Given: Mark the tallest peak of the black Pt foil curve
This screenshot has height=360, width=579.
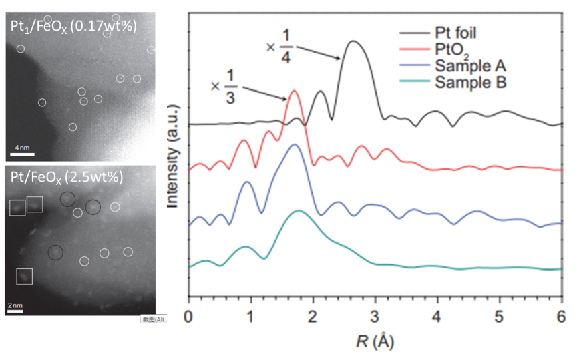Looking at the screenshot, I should click(x=353, y=42).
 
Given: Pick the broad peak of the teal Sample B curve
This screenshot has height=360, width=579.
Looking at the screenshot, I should click(x=299, y=211).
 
